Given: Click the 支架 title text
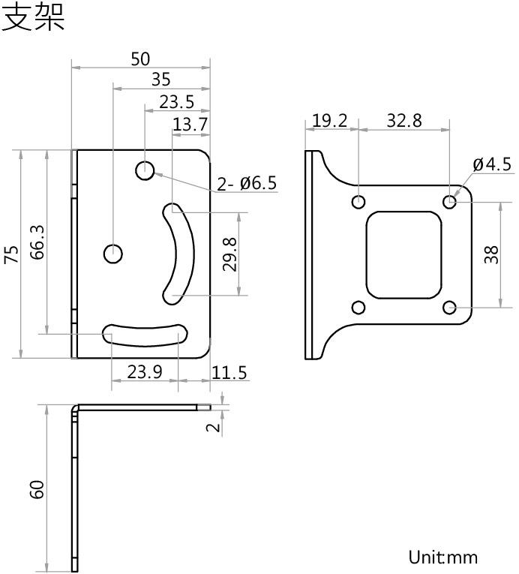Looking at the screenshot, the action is click(33, 17).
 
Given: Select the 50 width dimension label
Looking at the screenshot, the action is click(140, 59).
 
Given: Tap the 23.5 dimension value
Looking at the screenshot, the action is click(176, 102).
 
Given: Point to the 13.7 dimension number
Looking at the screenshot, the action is click(190, 125).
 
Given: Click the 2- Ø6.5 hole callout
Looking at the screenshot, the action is click(247, 183).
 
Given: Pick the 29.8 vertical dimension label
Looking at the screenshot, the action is click(230, 254).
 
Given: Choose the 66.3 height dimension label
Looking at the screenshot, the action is click(37, 242).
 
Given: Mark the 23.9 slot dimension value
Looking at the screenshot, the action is click(145, 372).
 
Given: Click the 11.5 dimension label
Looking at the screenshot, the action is click(229, 373).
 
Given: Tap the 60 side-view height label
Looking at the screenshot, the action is click(37, 489).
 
